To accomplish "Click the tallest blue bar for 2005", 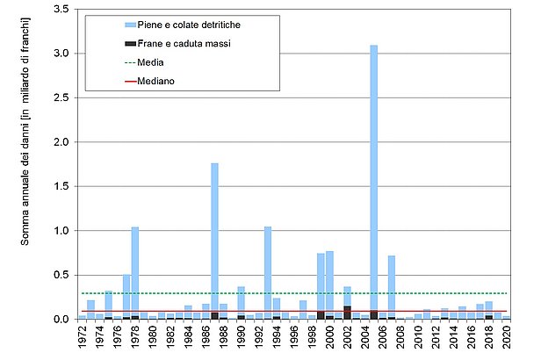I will (374, 176).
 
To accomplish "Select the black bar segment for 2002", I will (347, 313).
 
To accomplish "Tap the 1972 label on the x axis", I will (83, 339).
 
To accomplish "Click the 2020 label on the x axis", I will (508, 339).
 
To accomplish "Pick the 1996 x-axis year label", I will (295, 339).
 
